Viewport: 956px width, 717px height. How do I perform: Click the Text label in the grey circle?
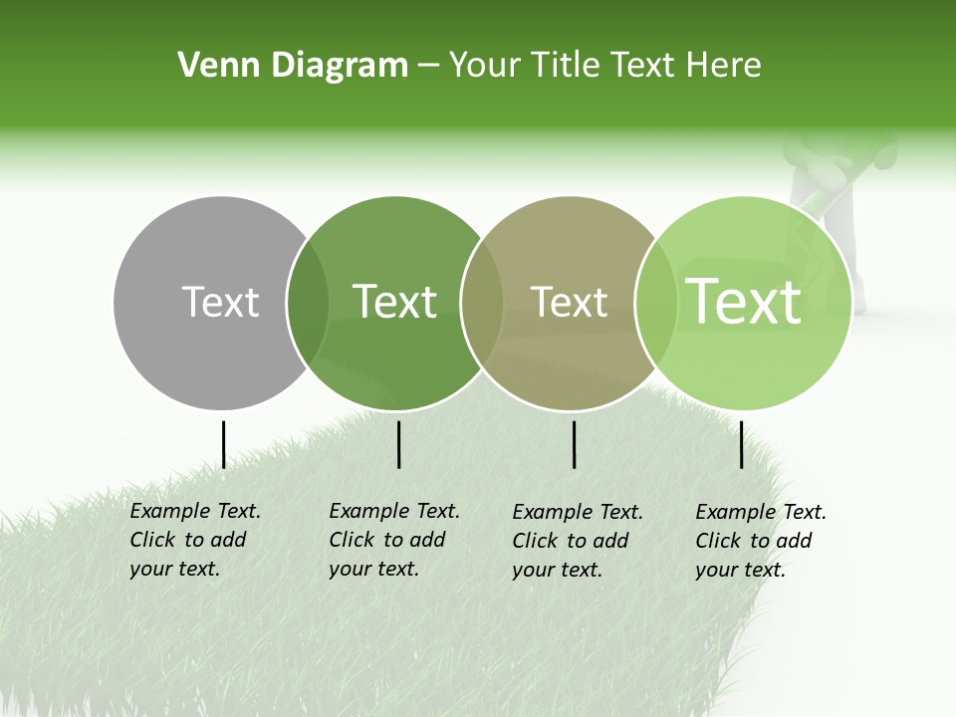coord(220,302)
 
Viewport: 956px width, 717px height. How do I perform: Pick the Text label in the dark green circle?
coord(395,302)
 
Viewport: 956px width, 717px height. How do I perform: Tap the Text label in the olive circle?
coord(569,302)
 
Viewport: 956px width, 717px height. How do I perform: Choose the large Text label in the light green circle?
coord(744,302)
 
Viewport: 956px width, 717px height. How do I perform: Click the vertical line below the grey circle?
coord(223,444)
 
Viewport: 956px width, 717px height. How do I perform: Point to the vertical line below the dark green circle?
coord(398,444)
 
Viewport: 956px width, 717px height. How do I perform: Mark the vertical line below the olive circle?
coord(575,444)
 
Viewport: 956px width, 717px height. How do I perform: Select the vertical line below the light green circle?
coord(742,444)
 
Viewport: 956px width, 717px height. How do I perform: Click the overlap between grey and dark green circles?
coord(308,303)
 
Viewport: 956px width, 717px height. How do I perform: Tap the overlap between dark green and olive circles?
coord(482,303)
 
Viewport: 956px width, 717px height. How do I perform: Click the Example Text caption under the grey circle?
coord(195,540)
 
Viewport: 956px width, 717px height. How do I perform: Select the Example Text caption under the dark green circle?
coord(394,540)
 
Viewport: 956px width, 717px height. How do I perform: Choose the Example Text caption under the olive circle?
coord(578,541)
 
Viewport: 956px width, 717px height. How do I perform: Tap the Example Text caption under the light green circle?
coord(761,541)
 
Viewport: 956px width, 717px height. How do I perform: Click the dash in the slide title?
coord(428,67)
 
